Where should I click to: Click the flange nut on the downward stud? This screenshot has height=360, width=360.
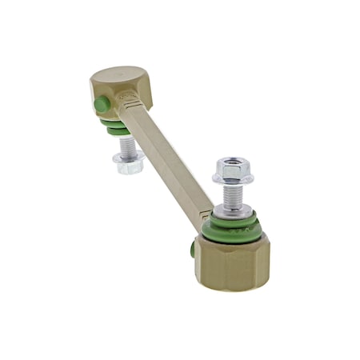(128, 162)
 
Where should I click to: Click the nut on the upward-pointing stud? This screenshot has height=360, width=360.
(232, 171)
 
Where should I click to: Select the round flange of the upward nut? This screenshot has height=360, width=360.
(232, 180)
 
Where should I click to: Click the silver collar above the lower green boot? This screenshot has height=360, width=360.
(234, 210)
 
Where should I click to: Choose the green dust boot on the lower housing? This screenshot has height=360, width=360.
(233, 228)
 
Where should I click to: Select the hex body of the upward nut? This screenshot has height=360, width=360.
(232, 170)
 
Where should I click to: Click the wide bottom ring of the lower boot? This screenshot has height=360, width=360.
(233, 235)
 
